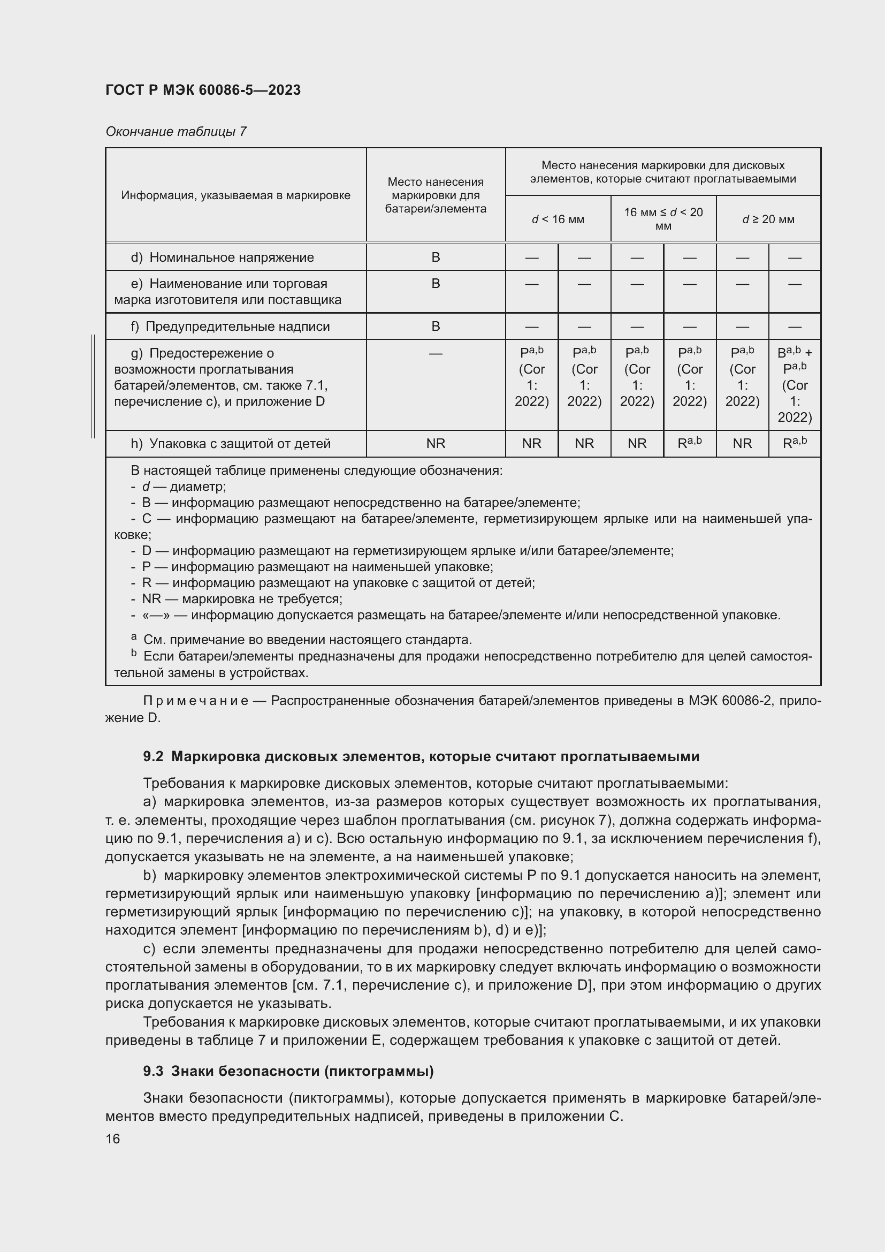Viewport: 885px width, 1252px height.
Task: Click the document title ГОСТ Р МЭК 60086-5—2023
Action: coord(203,90)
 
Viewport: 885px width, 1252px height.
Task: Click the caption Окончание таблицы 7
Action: coord(176,132)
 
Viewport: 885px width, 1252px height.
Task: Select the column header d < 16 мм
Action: coord(558,219)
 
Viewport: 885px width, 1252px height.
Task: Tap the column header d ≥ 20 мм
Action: coord(768,219)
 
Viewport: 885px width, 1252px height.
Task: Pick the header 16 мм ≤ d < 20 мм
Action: coord(662,219)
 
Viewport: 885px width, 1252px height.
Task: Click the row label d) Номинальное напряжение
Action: coord(223,257)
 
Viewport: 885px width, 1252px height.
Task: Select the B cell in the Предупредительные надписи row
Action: coord(436,326)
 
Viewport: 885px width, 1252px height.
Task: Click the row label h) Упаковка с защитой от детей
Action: coord(231,443)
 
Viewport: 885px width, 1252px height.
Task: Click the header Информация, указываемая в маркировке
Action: coord(235,195)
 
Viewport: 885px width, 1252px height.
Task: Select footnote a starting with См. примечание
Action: coord(307,639)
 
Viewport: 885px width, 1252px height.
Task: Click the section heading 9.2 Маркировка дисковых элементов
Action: coord(421,756)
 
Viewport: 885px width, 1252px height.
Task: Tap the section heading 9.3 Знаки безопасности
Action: coord(288,1071)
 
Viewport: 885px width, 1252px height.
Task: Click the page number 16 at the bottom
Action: coord(113,1139)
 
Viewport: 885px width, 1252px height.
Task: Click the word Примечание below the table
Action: coord(196,701)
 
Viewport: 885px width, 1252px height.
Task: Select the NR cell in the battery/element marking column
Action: coord(436,443)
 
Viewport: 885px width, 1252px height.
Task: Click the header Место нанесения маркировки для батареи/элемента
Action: coord(436,195)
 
